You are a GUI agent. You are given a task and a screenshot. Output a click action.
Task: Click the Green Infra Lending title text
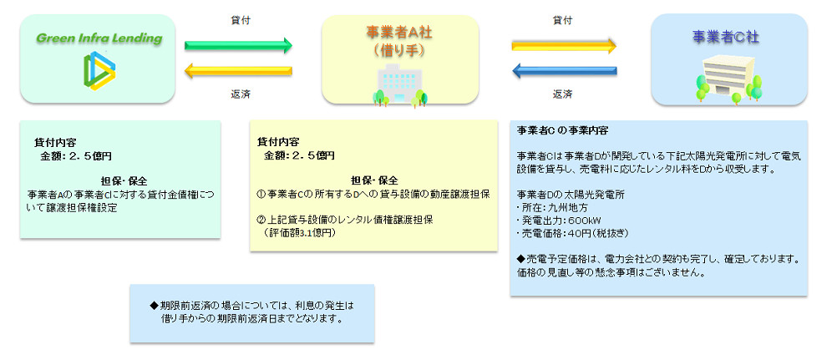(x=99, y=38)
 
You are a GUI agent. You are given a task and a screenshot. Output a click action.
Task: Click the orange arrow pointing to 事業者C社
(x=564, y=44)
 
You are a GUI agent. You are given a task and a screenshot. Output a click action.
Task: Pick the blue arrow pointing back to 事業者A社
(x=564, y=72)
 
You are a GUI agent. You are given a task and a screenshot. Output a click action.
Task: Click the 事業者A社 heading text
(x=400, y=33)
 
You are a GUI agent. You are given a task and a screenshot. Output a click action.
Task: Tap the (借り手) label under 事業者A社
(x=400, y=50)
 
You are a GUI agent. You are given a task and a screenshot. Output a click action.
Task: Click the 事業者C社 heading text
(x=726, y=37)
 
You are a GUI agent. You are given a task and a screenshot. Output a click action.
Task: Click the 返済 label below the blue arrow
(x=562, y=94)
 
